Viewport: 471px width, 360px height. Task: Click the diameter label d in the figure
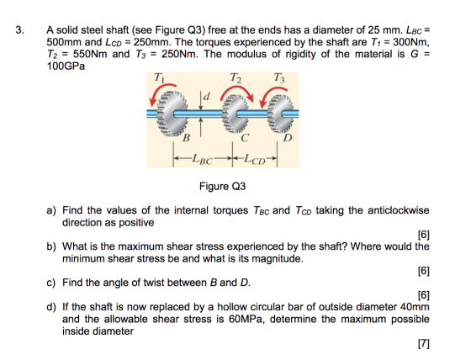point(207,97)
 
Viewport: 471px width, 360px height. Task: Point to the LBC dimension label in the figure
point(203,159)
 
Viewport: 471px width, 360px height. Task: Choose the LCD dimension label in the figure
point(255,159)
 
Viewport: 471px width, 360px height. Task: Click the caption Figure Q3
point(222,187)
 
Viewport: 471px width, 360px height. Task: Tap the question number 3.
point(19,30)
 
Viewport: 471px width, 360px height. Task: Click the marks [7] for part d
point(424,343)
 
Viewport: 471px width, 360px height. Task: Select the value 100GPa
point(66,66)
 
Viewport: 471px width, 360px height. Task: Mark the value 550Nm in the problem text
point(90,54)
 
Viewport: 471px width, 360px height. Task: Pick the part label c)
point(51,283)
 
